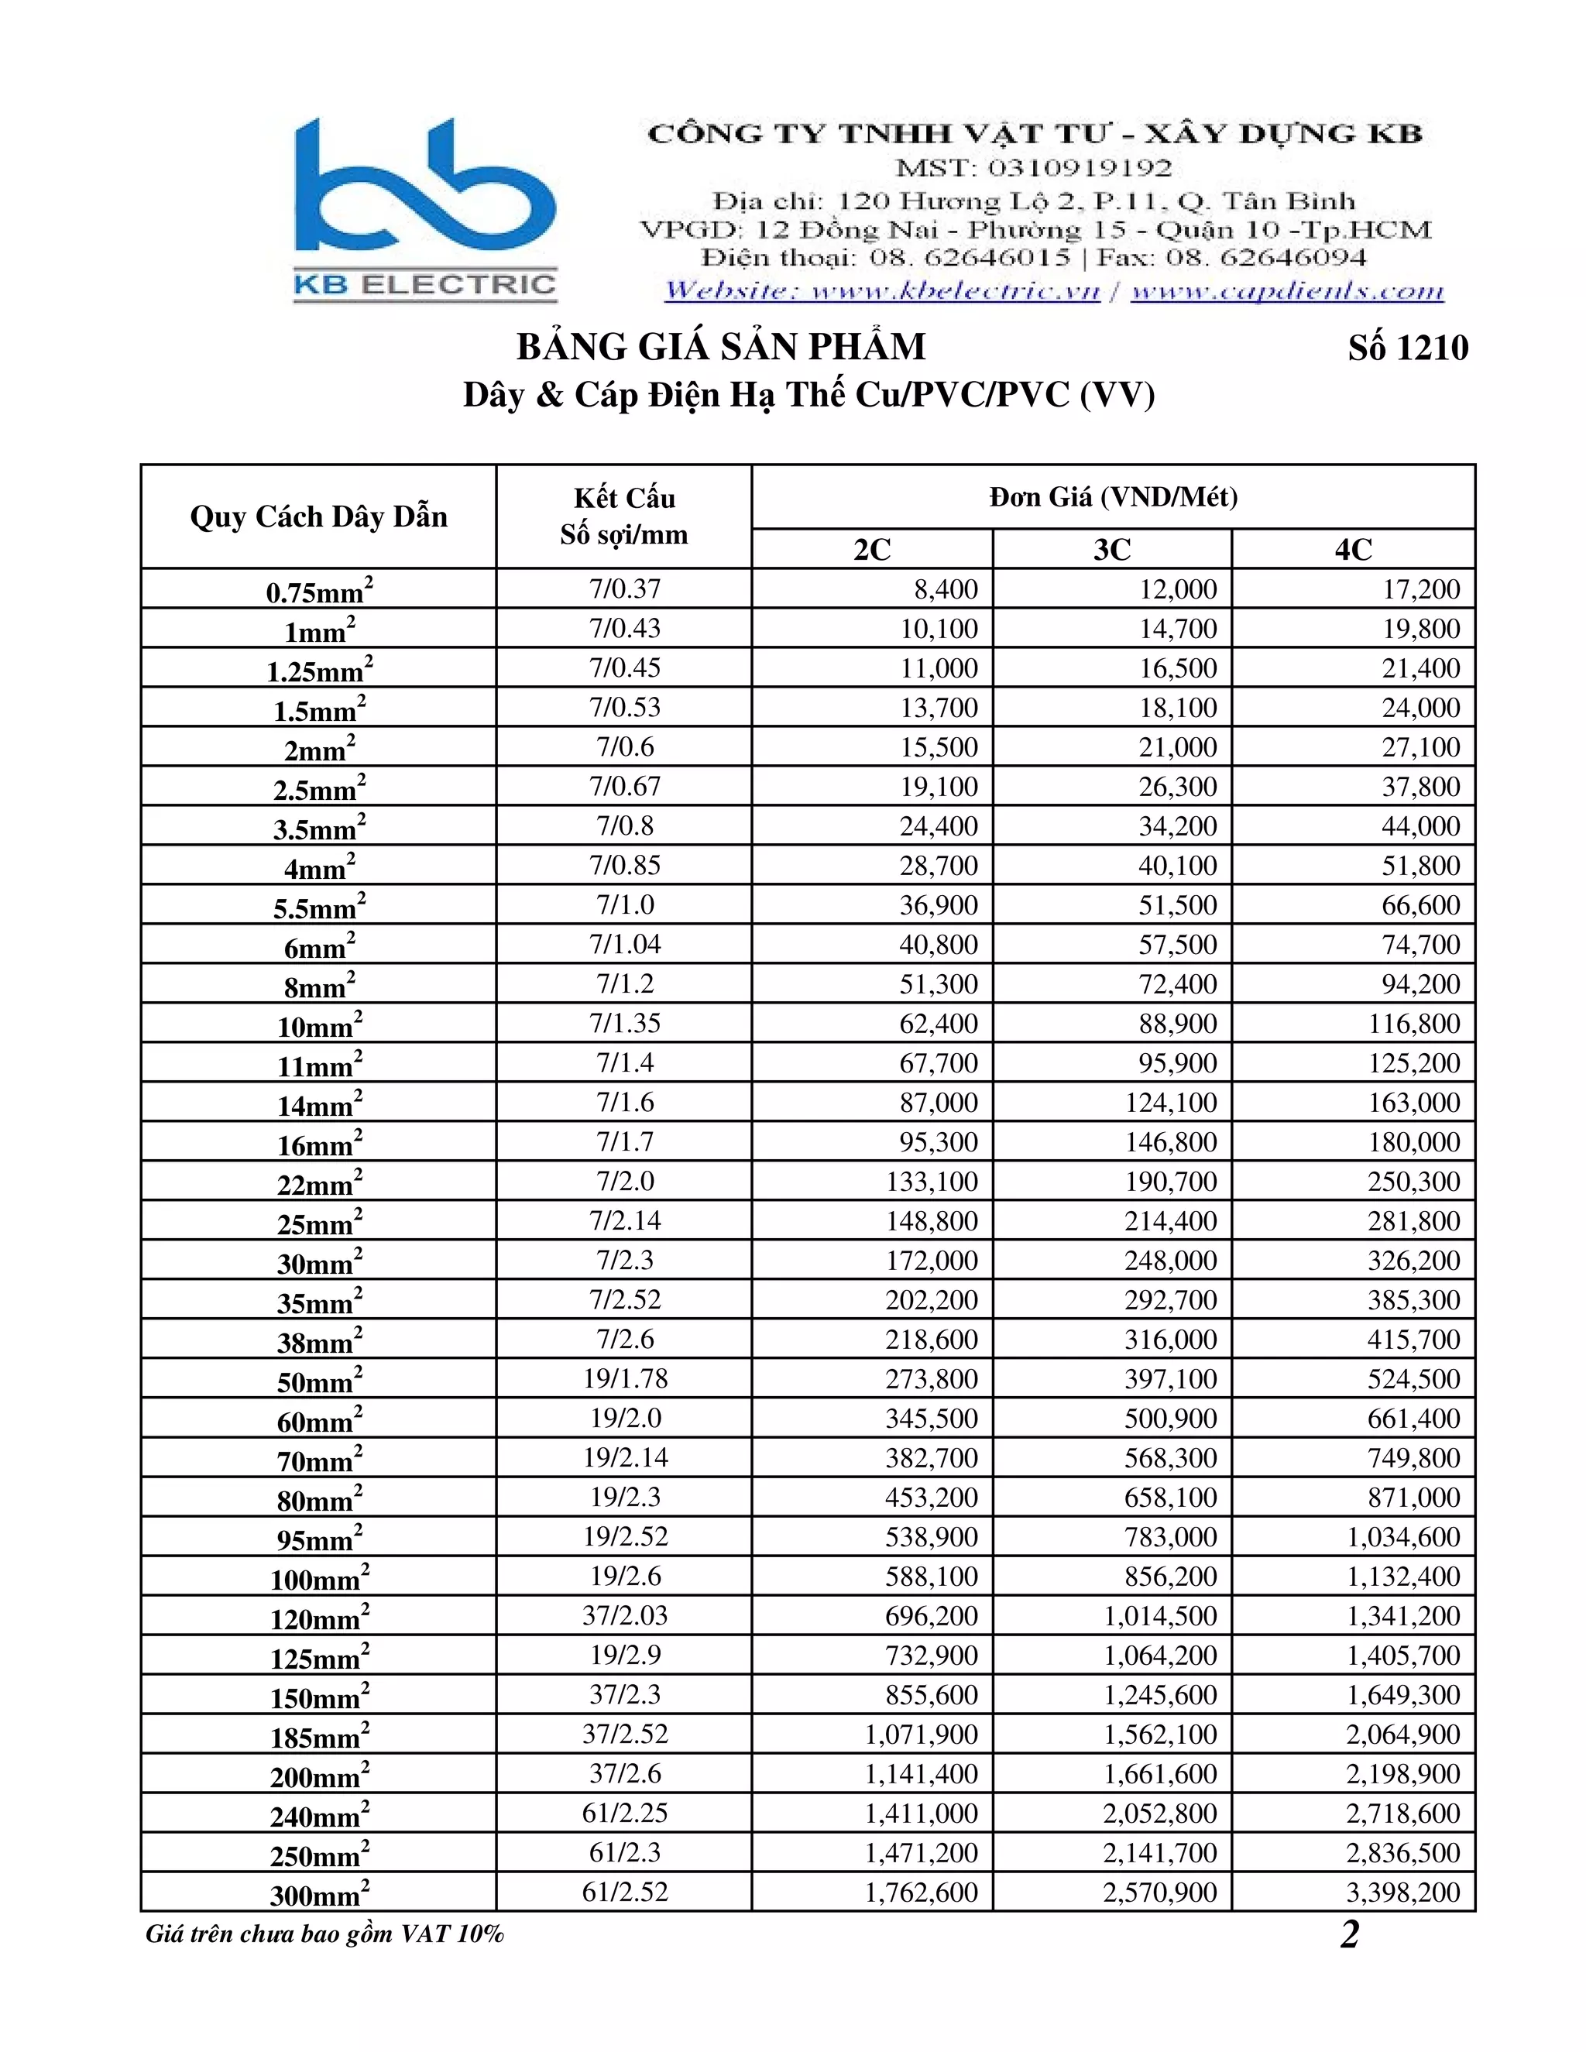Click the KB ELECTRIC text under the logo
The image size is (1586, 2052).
coord(426,285)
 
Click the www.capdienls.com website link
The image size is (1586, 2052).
coord(1286,291)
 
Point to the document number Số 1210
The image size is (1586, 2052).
coord(1407,348)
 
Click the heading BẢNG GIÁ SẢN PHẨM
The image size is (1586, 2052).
coord(721,348)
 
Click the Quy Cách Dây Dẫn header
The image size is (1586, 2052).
coord(318,516)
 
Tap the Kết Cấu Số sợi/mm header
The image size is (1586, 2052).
coord(624,516)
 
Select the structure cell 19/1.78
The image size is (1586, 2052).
coord(625,1378)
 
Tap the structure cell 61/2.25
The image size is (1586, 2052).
coord(625,1813)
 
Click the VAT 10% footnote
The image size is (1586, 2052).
coord(324,1934)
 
